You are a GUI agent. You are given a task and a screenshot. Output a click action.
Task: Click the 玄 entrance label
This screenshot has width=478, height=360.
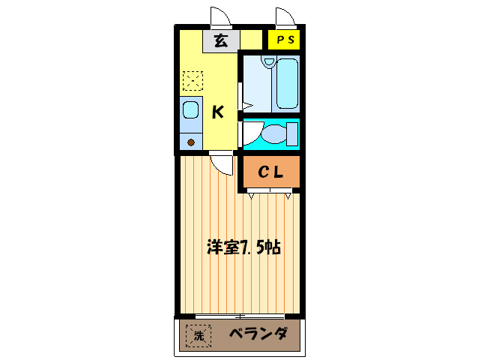tap(221, 40)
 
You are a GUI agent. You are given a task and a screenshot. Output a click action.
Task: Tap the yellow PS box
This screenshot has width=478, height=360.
tap(285, 40)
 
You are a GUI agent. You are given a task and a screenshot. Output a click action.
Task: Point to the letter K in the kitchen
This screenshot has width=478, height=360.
tap(217, 112)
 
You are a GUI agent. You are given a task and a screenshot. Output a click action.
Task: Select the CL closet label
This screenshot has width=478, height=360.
tap(270, 172)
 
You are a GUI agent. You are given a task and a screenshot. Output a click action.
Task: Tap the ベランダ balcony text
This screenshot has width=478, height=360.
tap(258, 335)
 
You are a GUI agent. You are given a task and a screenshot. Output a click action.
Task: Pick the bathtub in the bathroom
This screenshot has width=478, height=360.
tap(287, 82)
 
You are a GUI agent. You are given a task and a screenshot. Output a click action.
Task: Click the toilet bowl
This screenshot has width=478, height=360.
tap(274, 134)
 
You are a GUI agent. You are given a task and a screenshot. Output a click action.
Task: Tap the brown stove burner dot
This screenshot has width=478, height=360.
tap(190, 142)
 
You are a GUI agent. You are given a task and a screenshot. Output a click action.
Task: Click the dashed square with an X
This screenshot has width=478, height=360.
tap(193, 80)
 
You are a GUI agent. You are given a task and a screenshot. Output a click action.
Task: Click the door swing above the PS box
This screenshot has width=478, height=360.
tap(285, 17)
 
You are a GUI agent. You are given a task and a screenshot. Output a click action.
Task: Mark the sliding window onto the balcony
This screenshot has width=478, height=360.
tap(240, 313)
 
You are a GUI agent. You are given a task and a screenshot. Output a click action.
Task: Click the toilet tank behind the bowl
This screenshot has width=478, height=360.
tap(292, 133)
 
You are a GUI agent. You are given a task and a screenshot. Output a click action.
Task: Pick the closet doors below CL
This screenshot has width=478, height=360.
tap(270, 194)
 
